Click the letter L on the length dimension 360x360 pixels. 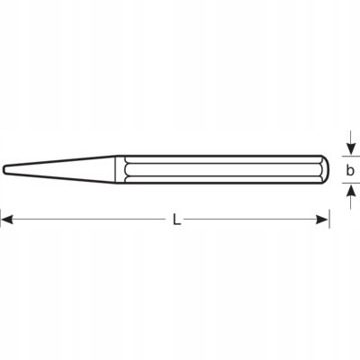[176, 219]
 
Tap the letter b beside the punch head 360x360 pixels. [351, 167]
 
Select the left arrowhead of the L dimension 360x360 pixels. [6, 219]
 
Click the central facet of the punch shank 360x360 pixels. [225, 168]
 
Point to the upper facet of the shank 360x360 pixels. [225, 157]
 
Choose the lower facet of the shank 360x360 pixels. [225, 179]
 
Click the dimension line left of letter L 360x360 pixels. [90, 219]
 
